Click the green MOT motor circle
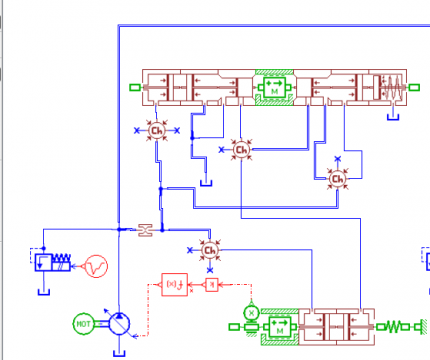(83, 323)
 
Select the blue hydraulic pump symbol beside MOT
(119, 323)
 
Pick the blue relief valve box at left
(46, 264)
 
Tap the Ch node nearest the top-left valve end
(157, 131)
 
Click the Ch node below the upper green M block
(240, 149)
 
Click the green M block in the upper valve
(271, 89)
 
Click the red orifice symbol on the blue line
(146, 230)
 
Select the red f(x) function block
(173, 284)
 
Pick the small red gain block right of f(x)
(211, 284)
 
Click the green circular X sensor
(251, 312)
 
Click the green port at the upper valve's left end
(135, 89)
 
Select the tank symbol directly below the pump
(119, 350)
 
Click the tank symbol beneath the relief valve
(45, 291)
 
